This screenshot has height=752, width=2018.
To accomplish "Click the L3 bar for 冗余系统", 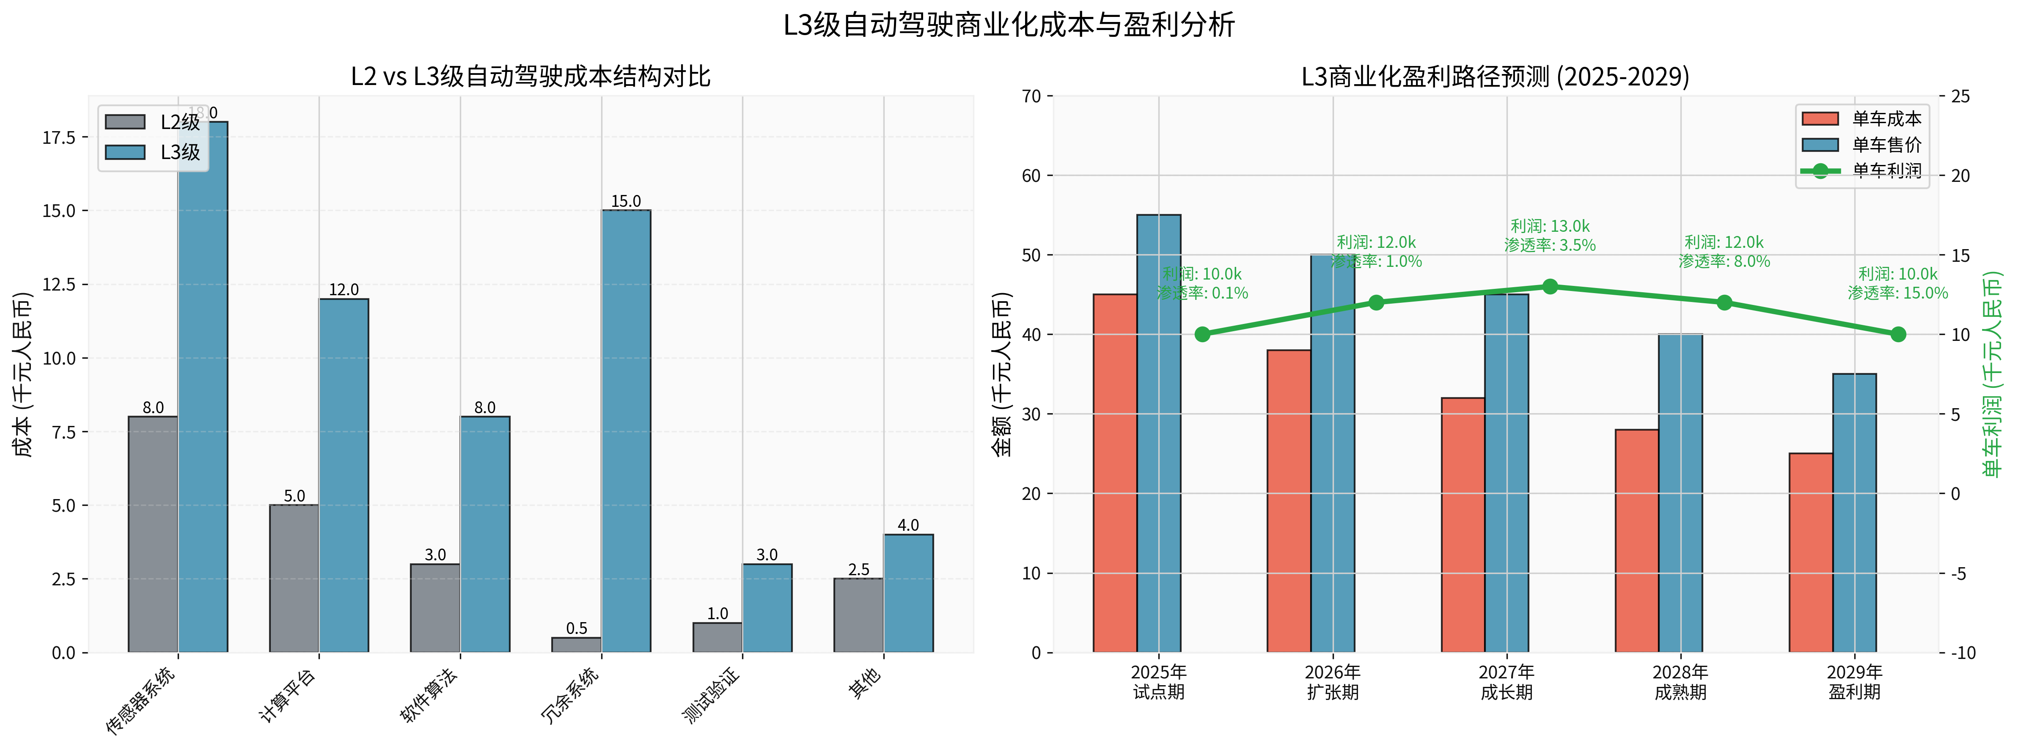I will click(626, 431).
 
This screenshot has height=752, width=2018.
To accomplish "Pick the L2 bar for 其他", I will click(858, 615).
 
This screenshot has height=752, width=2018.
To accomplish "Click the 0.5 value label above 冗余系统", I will click(577, 628).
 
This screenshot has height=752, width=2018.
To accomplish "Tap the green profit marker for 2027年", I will click(1550, 287).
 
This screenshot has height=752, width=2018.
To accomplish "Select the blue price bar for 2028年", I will click(1680, 494).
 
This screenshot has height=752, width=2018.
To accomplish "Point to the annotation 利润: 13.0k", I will click(1550, 226).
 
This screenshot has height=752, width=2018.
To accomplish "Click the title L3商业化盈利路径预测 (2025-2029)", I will click(1495, 77).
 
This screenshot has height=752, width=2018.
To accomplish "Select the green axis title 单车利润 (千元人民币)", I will click(1991, 374).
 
